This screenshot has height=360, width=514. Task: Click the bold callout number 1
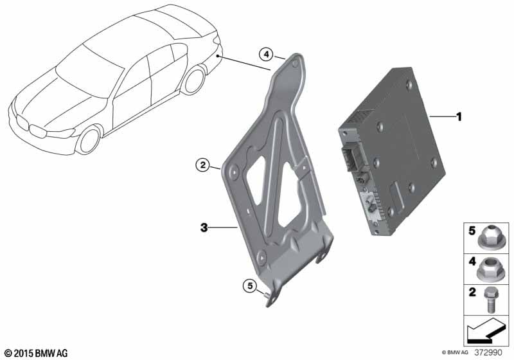pos(459,117)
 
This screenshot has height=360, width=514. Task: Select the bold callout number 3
pos(204,227)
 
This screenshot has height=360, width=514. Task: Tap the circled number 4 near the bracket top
pos(266,55)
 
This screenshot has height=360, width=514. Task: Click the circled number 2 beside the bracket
pos(203,165)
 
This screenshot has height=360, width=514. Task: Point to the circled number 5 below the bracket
pos(250,286)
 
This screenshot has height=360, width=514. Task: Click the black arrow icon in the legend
pos(484,331)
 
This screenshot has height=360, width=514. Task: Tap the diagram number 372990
pos(488,353)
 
